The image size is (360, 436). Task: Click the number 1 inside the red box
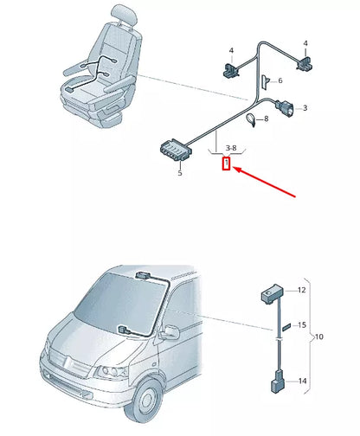coord(226,163)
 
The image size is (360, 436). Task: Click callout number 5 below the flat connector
coord(180,173)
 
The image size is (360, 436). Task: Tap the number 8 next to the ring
coord(266,119)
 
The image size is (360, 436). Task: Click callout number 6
coord(280,80)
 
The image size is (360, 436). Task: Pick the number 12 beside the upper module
coord(302,291)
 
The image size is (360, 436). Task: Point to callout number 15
coord(302,325)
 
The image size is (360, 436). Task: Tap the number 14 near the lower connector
coord(302,381)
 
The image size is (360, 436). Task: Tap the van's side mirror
coord(170,332)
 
